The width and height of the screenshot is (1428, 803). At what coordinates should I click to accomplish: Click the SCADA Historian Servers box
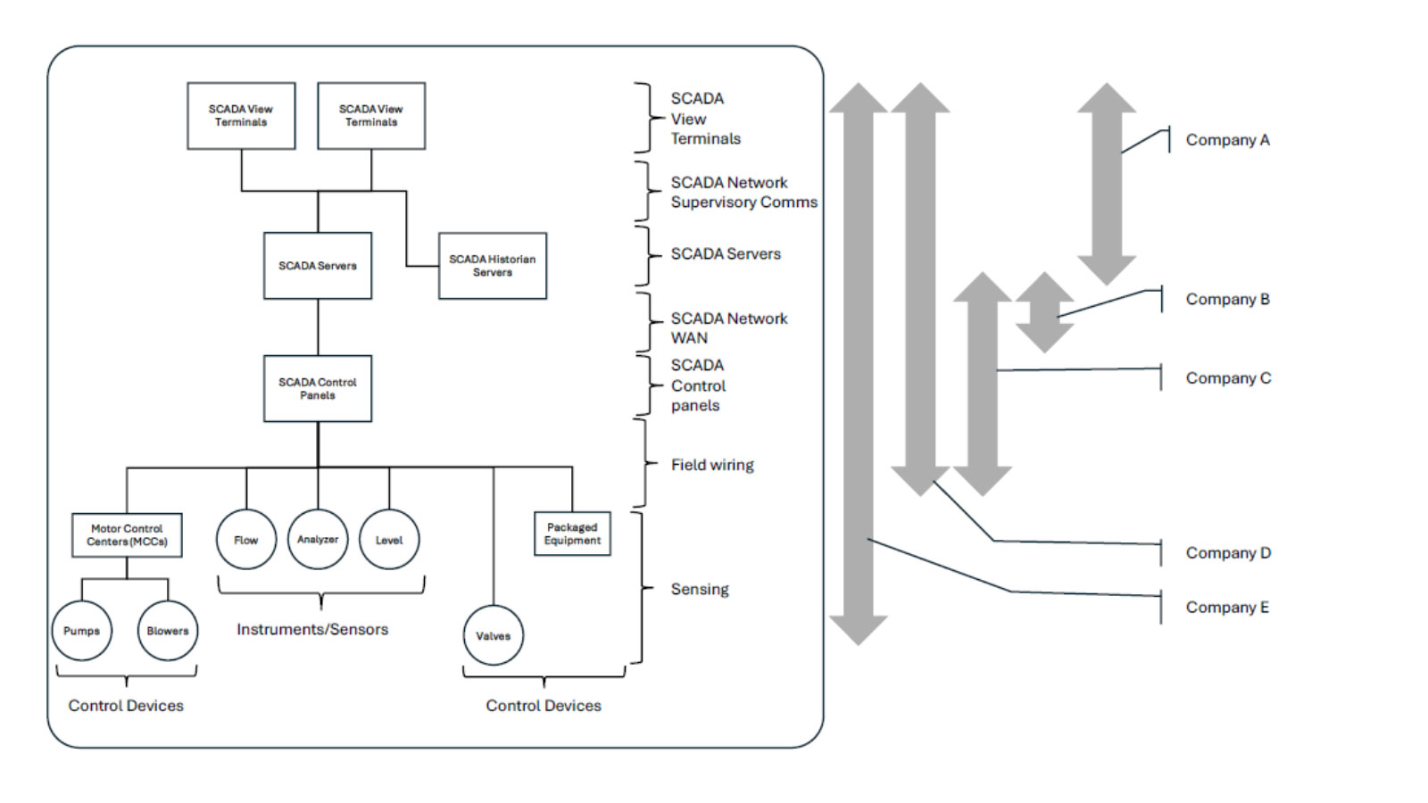tap(492, 266)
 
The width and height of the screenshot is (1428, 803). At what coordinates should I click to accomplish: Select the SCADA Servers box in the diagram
tap(317, 266)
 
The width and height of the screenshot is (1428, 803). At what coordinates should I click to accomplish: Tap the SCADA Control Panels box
tap(317, 388)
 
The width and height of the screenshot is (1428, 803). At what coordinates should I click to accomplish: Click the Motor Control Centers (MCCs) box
tap(127, 534)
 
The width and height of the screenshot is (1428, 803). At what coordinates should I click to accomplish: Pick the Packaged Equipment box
tap(572, 534)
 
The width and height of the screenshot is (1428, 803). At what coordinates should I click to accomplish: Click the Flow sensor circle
tap(245, 540)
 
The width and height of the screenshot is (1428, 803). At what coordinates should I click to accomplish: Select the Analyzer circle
tap(318, 540)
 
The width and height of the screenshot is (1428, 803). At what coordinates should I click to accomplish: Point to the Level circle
tap(389, 540)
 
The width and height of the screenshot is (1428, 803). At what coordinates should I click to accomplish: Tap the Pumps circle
tap(81, 631)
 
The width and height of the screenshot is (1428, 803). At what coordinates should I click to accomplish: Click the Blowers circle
tap(168, 631)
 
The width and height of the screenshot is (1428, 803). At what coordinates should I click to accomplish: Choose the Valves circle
tap(493, 636)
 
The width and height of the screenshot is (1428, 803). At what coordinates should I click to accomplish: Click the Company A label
tap(1227, 140)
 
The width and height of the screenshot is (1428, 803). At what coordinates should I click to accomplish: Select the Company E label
tap(1227, 608)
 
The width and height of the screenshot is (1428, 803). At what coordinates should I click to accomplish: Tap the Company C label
tap(1228, 378)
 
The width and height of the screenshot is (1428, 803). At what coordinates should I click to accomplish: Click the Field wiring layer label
tap(712, 465)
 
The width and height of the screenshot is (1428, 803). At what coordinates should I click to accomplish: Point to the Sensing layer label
tap(700, 589)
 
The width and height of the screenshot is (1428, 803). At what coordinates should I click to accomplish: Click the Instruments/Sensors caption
tap(312, 629)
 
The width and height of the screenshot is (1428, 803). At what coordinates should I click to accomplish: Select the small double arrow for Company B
tap(1044, 312)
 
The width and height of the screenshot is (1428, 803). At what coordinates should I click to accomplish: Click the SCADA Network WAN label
tap(728, 328)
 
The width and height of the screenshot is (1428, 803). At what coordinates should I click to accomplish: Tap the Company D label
tap(1228, 553)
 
